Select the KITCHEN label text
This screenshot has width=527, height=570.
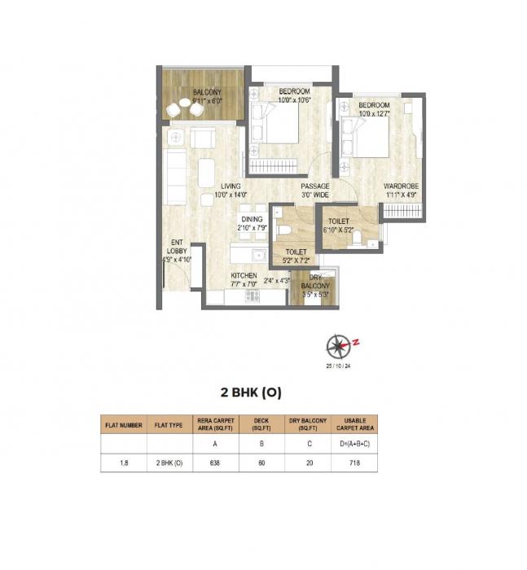244,277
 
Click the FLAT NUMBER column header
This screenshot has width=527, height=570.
123,424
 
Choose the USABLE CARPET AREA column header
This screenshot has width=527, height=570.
355,424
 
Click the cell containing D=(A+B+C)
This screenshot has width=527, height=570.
355,445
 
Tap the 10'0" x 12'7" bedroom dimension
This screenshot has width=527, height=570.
373,114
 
